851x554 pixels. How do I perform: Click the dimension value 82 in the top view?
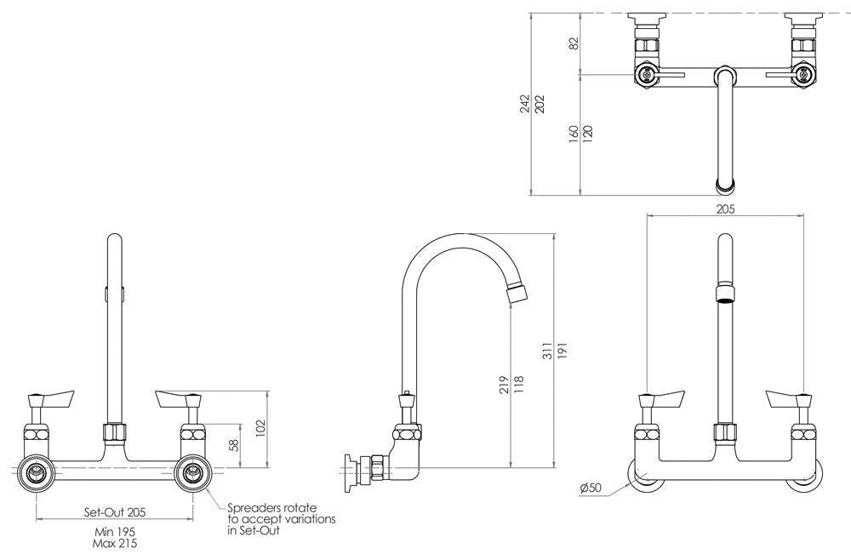tap(574, 43)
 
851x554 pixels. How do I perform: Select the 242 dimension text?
tap(526, 103)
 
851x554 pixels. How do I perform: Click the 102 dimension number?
tap(261, 425)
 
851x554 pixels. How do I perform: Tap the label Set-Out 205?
tap(115, 512)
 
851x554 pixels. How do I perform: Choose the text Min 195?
tap(116, 531)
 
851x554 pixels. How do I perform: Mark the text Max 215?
tap(116, 542)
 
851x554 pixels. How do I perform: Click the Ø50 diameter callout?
tap(591, 488)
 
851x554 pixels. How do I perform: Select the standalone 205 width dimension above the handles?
tap(725, 208)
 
